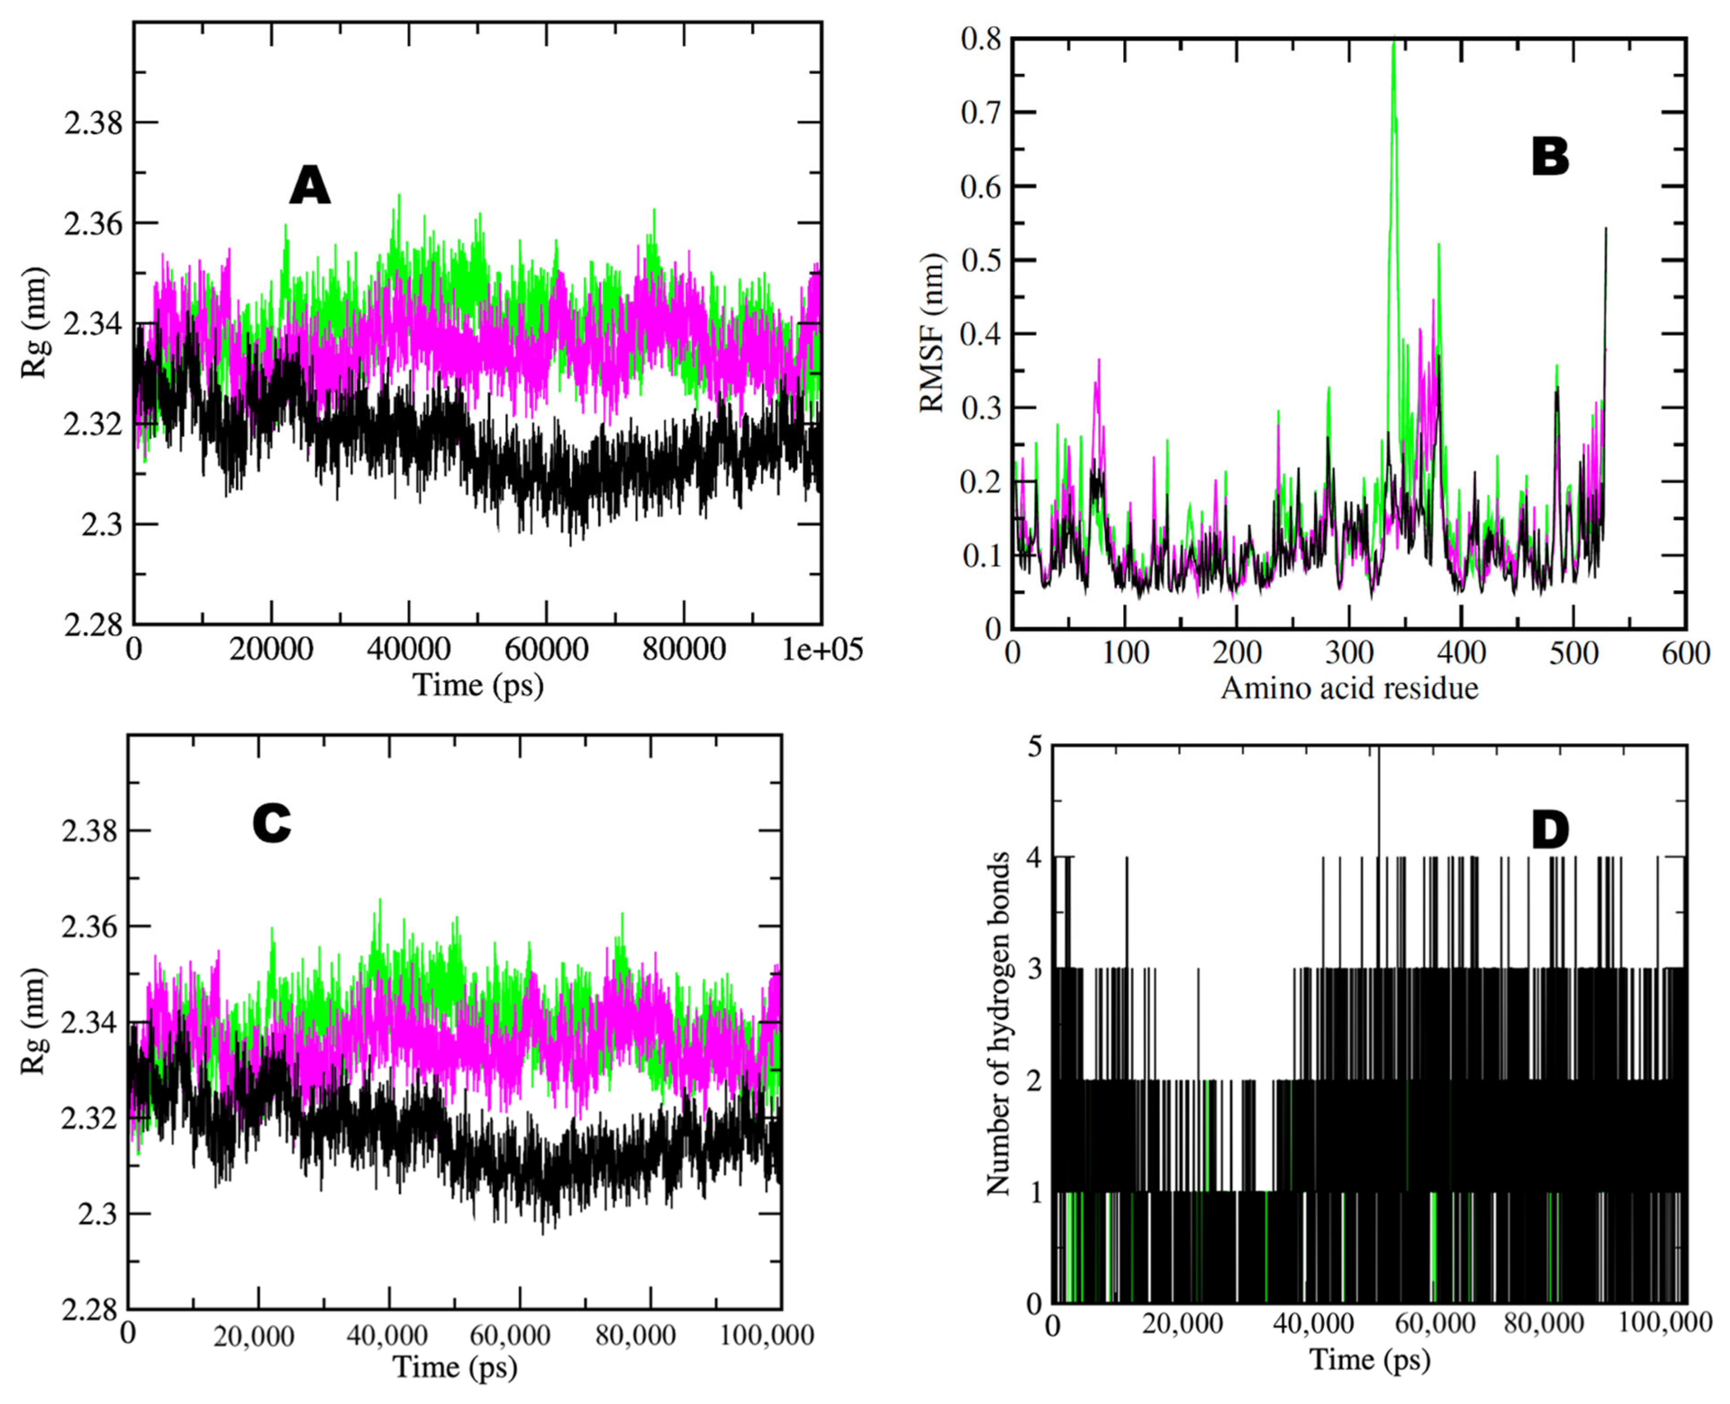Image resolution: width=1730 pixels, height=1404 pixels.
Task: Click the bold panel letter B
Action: (x=1549, y=158)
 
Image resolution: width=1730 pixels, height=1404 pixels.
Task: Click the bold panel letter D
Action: (x=1549, y=831)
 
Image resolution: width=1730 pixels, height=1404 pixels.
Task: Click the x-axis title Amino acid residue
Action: (x=1349, y=688)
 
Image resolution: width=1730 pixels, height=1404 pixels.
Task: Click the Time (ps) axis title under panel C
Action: (x=455, y=1367)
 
